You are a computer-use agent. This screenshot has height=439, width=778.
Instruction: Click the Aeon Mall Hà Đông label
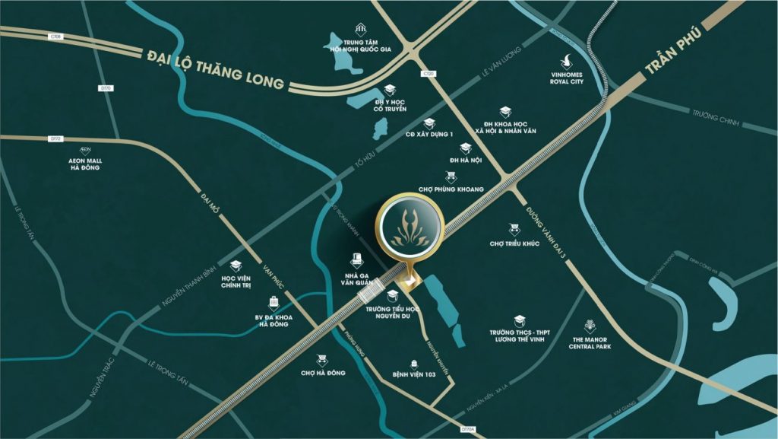click(84, 165)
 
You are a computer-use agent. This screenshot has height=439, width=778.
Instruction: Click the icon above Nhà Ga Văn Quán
click(354, 260)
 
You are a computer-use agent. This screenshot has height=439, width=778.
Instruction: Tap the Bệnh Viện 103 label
click(413, 375)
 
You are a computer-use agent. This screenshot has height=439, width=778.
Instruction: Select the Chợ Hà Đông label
click(323, 373)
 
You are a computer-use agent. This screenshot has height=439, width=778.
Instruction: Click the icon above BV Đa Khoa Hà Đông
click(272, 302)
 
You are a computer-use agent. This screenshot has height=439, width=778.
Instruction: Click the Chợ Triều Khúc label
click(515, 244)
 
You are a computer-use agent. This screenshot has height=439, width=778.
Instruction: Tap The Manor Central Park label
click(590, 342)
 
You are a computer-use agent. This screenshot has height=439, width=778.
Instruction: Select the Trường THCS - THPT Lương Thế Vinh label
click(519, 336)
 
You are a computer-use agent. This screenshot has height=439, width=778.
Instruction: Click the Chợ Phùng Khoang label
click(451, 189)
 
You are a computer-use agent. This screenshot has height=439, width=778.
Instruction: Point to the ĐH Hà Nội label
click(466, 161)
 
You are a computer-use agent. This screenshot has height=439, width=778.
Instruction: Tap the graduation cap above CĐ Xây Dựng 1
click(429, 122)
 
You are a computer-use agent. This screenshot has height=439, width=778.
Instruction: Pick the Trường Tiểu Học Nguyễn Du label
click(392, 313)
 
